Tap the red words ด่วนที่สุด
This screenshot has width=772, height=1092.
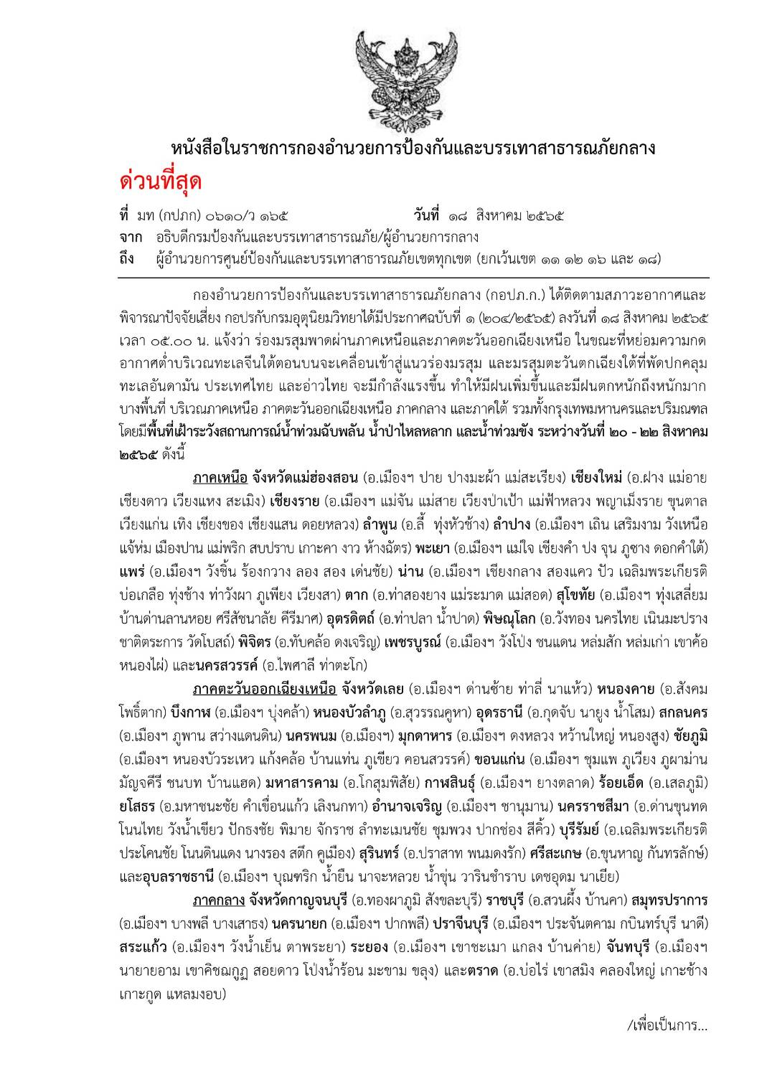click(x=161, y=182)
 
